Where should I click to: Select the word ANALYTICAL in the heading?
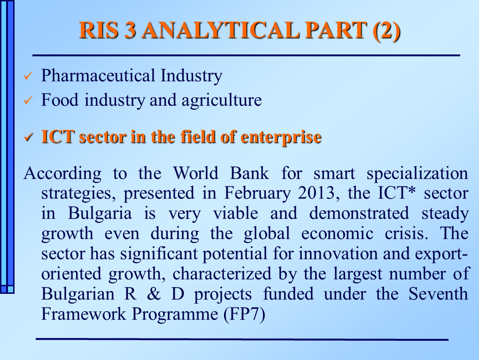[x=220, y=30]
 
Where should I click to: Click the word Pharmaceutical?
[x=98, y=76]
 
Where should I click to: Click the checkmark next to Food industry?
[x=28, y=100]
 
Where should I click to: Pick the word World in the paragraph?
[x=196, y=173]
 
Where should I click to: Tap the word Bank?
[x=249, y=173]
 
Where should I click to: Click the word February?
[x=257, y=193]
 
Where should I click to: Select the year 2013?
[x=318, y=193]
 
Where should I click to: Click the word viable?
[x=235, y=213]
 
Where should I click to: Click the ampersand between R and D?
[x=154, y=294]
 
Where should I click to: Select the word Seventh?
[x=438, y=294]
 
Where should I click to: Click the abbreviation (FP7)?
[x=244, y=314]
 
